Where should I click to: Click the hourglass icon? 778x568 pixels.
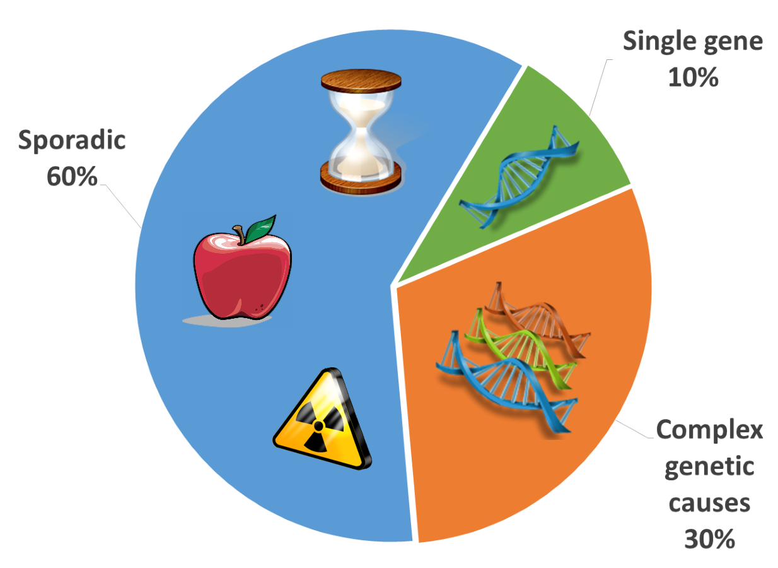coord(361,132)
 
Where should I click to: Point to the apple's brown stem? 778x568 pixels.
coord(240,234)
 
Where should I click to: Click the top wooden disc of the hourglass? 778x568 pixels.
coord(361,81)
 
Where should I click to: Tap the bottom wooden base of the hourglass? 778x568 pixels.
coord(361,178)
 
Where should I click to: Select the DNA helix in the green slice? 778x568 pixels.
coord(520,177)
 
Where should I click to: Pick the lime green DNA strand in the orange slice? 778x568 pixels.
coord(521,348)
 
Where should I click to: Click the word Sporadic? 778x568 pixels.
coord(72,140)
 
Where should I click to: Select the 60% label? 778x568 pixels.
coord(72,177)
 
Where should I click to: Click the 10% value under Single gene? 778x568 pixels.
coord(694,77)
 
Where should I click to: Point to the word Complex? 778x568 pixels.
coord(709,430)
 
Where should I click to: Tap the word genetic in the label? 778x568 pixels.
coord(709,467)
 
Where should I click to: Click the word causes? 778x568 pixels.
coord(709,504)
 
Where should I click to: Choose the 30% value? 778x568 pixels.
coord(709,539)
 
